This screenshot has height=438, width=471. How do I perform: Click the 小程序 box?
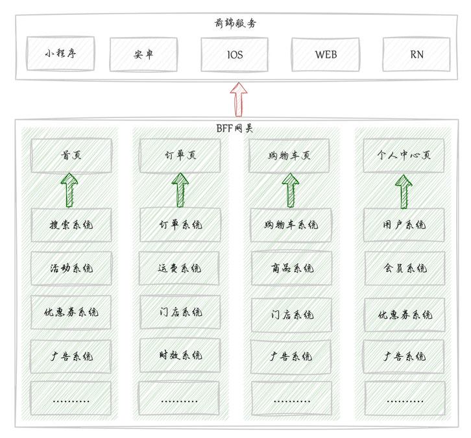pos(60,54)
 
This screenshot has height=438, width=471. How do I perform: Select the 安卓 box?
pos(143,55)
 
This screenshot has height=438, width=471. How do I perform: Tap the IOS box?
pos(234,55)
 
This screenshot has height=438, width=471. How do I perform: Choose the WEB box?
pos(325,55)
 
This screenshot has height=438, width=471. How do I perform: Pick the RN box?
pos(417,55)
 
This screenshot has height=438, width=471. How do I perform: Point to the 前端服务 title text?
pos(235,23)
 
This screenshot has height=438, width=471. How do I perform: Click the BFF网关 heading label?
pos(235,128)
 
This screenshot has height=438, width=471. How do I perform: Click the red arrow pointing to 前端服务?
pos(239,99)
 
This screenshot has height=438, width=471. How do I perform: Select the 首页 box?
pos(71,156)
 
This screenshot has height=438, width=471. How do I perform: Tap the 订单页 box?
pos(180,156)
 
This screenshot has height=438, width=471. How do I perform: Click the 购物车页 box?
pos(289,156)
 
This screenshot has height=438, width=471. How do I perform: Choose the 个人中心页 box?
pos(404,156)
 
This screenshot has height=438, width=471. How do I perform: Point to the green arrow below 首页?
pos(69,190)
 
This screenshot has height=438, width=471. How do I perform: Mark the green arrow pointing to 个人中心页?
pos(404,191)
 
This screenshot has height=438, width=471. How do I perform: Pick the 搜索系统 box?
pos(71,225)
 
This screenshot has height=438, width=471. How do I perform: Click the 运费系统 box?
pos(180,268)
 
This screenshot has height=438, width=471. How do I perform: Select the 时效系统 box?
pos(180,355)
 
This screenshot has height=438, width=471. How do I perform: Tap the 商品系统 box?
pos(291,268)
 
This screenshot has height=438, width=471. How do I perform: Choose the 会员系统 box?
pos(404,268)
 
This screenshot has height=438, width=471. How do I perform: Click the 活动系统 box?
pos(71,268)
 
